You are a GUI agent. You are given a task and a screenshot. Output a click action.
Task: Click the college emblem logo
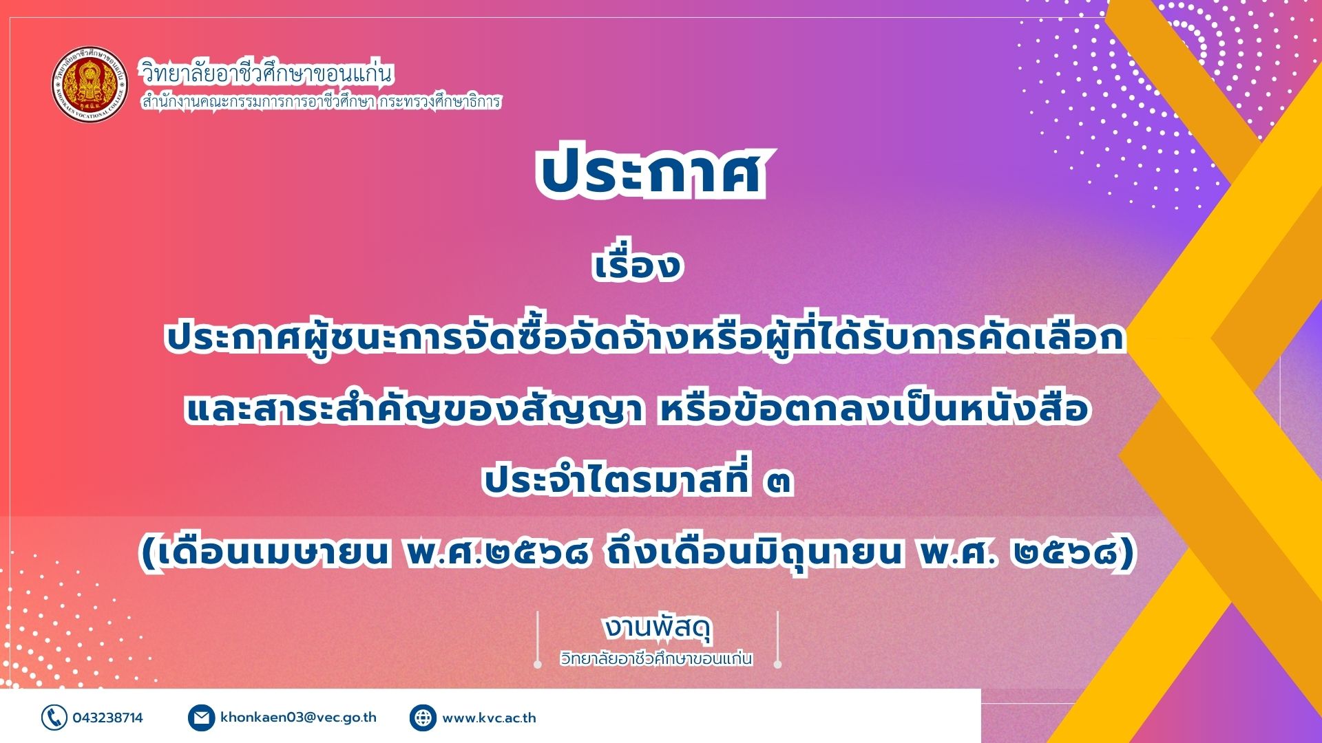(90, 85)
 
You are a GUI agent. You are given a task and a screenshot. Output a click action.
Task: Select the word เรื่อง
(638, 265)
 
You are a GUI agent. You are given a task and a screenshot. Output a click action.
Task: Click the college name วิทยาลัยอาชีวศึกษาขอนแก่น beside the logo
(266, 72)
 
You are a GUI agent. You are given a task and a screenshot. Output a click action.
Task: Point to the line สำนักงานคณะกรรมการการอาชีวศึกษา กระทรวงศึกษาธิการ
(321, 102)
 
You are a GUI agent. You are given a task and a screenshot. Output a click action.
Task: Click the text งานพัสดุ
(658, 627)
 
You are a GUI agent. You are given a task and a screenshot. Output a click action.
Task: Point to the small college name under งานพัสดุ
(655, 658)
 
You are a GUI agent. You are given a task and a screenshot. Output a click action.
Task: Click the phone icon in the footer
(54, 718)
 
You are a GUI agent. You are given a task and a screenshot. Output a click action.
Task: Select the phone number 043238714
(108, 718)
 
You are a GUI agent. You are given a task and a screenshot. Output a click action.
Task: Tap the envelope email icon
(201, 718)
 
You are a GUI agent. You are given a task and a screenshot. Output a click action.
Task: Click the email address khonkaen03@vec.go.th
(299, 718)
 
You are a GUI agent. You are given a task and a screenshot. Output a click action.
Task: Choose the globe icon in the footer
(423, 718)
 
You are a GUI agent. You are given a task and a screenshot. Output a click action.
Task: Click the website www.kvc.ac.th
(489, 718)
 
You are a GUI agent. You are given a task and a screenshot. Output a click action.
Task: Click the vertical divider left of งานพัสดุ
(538, 639)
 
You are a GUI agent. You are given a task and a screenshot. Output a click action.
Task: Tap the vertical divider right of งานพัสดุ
(777, 639)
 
